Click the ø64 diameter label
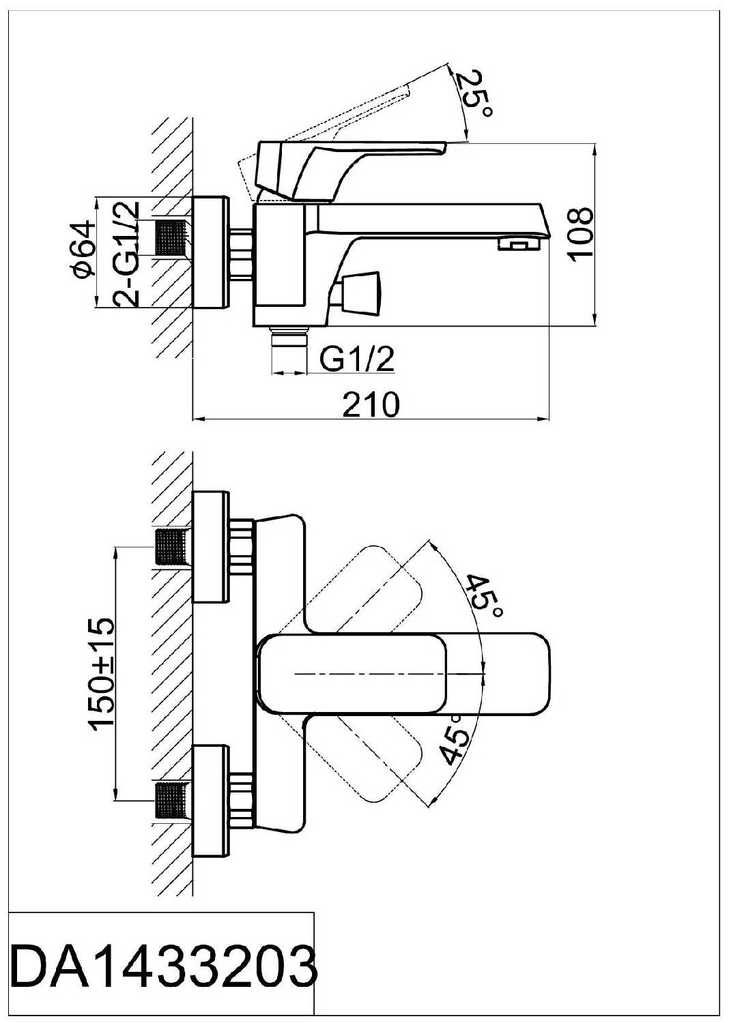tap(82, 250)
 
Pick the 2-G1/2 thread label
tap(127, 252)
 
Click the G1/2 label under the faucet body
tap(358, 359)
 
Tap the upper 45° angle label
tap(485, 595)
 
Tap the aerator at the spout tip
tap(515, 243)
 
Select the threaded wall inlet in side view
tap(172, 237)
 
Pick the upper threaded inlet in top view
tap(171, 547)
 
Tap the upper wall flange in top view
tap(210, 546)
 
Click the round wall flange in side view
tap(210, 252)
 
